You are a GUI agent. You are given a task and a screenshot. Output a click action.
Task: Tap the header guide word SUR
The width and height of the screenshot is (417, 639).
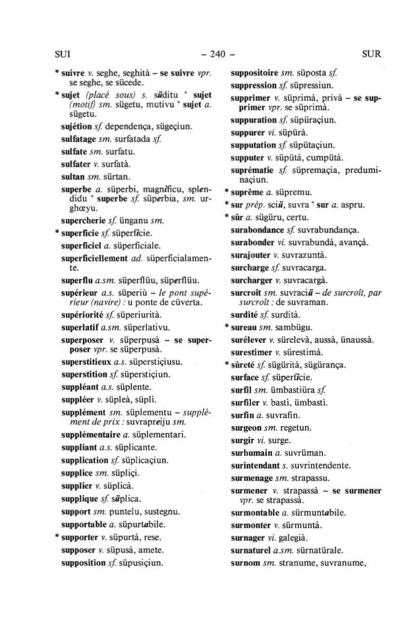[x=371, y=54]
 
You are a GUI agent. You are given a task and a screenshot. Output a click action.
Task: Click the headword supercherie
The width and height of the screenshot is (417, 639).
[x=83, y=221]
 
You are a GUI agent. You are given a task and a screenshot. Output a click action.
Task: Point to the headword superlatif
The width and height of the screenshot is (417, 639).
[x=80, y=327]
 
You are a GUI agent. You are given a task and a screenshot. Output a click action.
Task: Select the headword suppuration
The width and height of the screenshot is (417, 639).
[x=254, y=120]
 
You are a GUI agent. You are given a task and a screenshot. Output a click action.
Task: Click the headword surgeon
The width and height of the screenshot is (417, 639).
[x=246, y=428]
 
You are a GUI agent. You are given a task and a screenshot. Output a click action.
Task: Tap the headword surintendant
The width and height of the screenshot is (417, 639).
[x=255, y=465]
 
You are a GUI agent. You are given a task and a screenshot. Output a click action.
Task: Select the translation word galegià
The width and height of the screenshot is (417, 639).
[x=293, y=538]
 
